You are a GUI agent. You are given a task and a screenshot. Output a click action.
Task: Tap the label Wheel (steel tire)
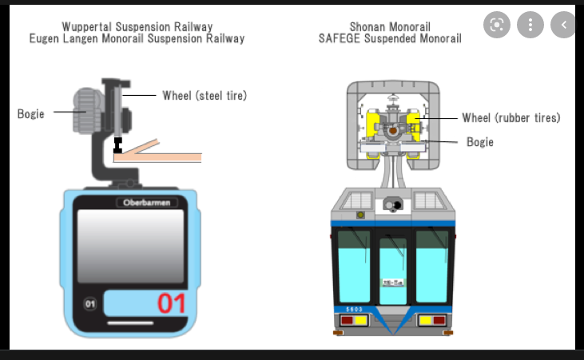click(x=205, y=96)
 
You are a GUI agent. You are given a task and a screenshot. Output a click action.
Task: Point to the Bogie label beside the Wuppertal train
click(x=31, y=113)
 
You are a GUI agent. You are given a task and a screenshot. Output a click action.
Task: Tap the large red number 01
click(x=171, y=303)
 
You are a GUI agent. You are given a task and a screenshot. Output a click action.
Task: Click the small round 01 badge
click(x=89, y=303)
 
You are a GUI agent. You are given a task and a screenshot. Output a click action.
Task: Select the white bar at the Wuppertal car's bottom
click(x=130, y=323)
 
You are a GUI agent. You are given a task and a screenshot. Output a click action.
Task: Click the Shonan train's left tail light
click(x=350, y=321)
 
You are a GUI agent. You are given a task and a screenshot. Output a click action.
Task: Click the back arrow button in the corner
click(x=563, y=26)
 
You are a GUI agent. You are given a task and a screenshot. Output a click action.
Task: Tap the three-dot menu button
click(x=530, y=26)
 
